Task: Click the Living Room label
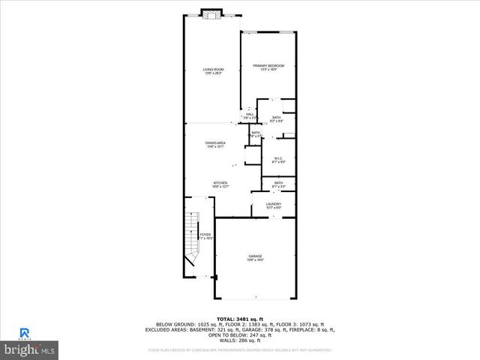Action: tap(213, 72)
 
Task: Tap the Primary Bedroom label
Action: tap(268, 67)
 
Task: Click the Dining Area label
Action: tap(215, 144)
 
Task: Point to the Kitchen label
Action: tap(220, 184)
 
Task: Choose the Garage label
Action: tap(255, 258)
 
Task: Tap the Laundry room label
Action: tap(273, 205)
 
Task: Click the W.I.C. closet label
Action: tap(277, 159)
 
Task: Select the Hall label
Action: tap(250, 115)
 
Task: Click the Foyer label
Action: tap(205, 236)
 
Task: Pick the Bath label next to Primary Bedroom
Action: tap(277, 118)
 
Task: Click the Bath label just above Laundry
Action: tap(278, 184)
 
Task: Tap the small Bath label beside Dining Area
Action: tap(256, 134)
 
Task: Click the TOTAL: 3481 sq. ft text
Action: tap(240, 319)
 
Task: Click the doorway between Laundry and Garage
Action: tap(274, 217)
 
